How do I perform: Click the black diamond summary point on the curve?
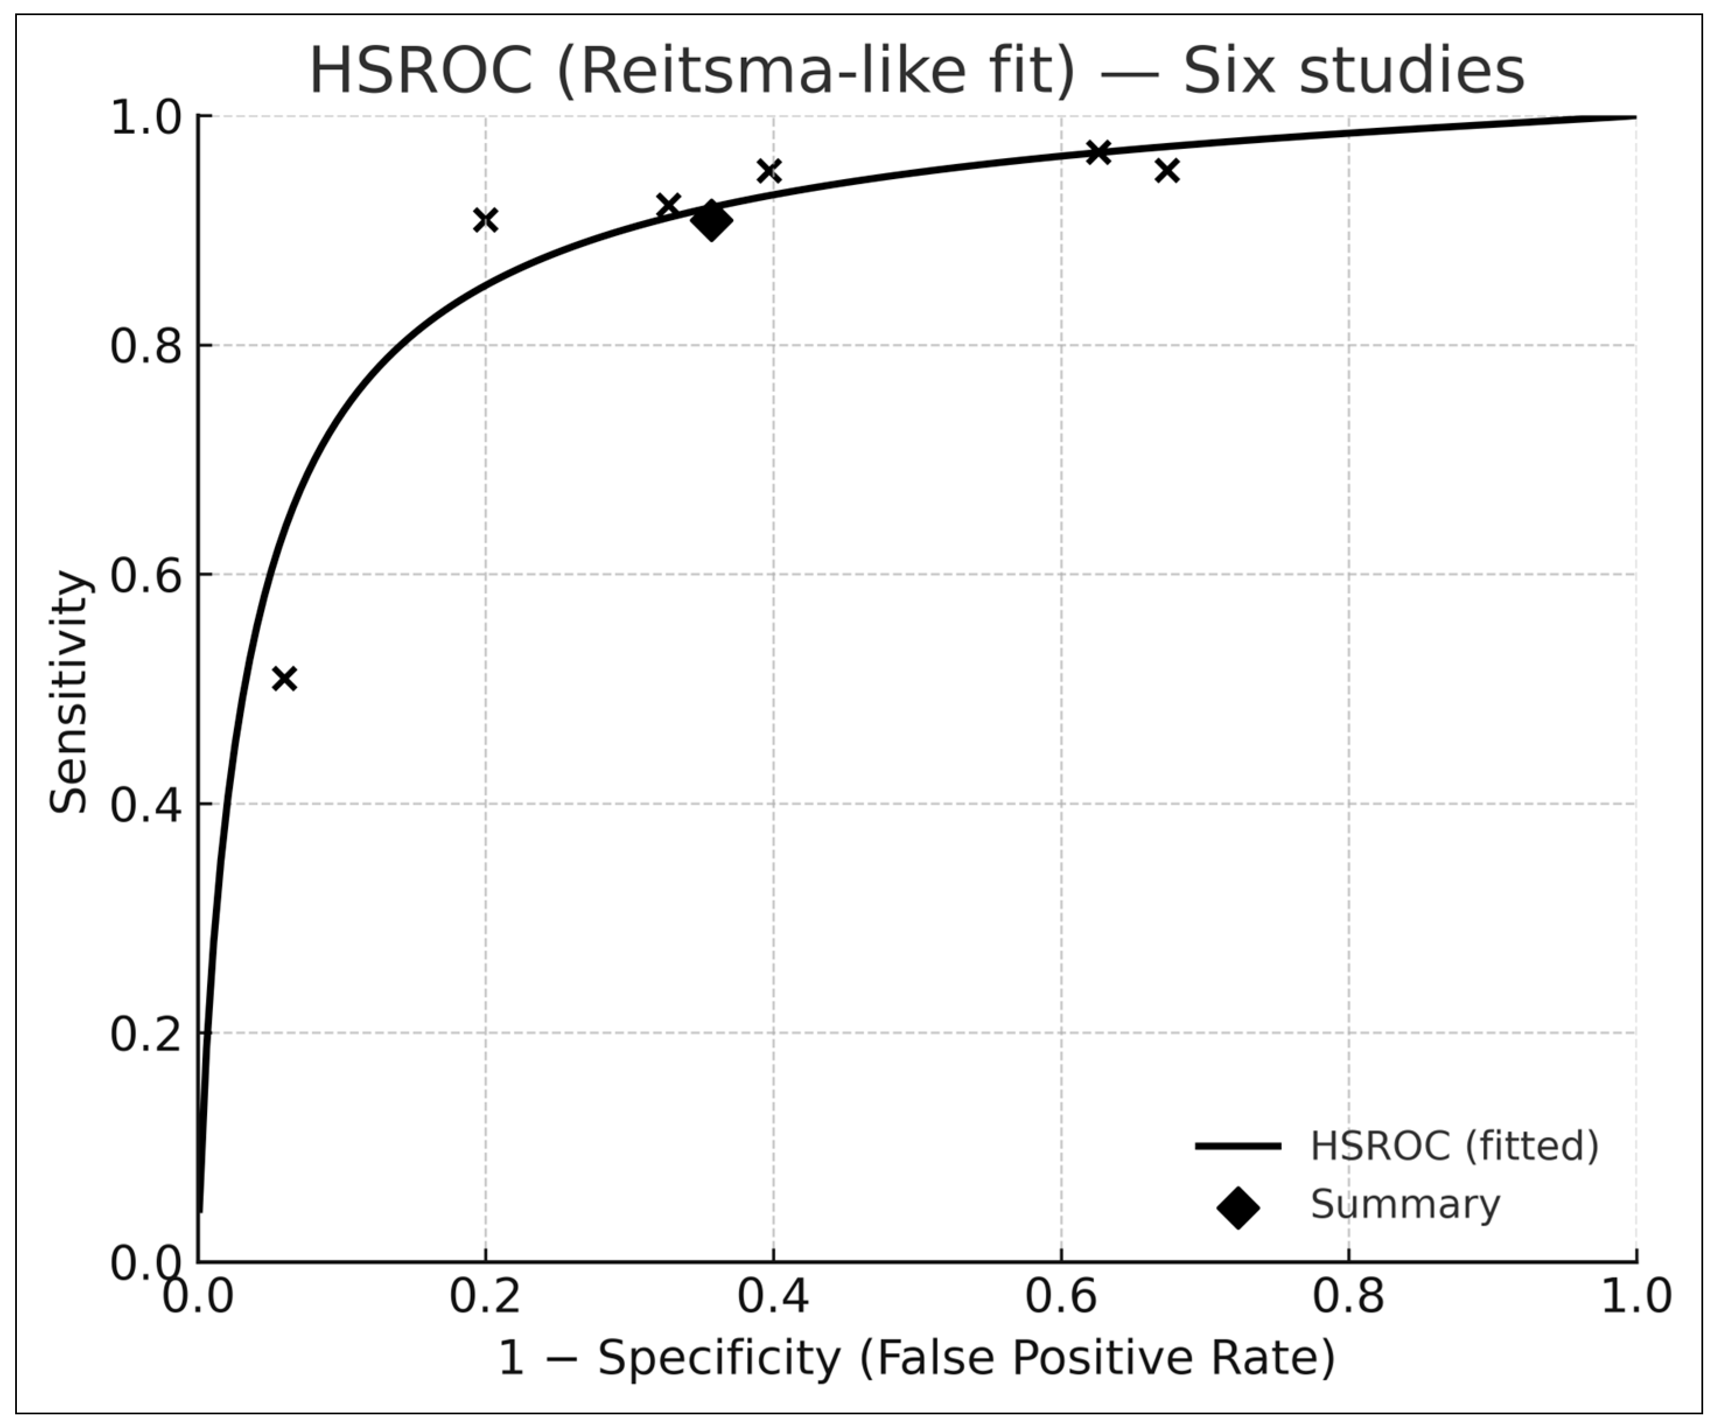pyautogui.click(x=711, y=221)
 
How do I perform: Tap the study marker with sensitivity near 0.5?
pyautogui.click(x=283, y=678)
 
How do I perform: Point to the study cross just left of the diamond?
pyautogui.click(x=668, y=205)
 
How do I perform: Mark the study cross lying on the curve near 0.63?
pyautogui.click(x=1098, y=152)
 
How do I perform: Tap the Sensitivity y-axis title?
pyautogui.click(x=69, y=691)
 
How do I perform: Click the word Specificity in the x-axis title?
pyautogui.click(x=719, y=1359)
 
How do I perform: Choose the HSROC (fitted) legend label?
pyautogui.click(x=1455, y=1146)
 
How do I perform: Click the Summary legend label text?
pyautogui.click(x=1406, y=1204)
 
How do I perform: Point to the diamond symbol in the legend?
pyautogui.click(x=1238, y=1208)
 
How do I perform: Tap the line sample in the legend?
pyautogui.click(x=1238, y=1147)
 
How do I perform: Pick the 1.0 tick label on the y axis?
pyautogui.click(x=145, y=118)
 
